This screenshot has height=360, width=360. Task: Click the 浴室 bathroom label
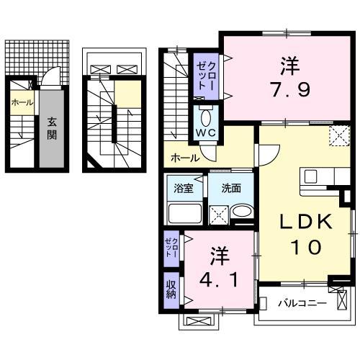[184, 189]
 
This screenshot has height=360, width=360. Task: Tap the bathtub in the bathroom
[185, 213]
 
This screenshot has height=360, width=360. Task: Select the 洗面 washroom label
[231, 189]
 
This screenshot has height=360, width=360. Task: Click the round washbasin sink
[242, 213]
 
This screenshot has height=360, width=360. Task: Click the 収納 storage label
[171, 289]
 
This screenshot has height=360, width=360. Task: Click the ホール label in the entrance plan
[22, 103]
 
